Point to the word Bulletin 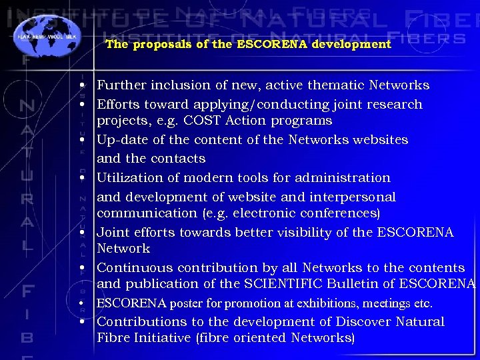click(x=353, y=284)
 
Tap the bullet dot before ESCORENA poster click(x=80, y=304)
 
